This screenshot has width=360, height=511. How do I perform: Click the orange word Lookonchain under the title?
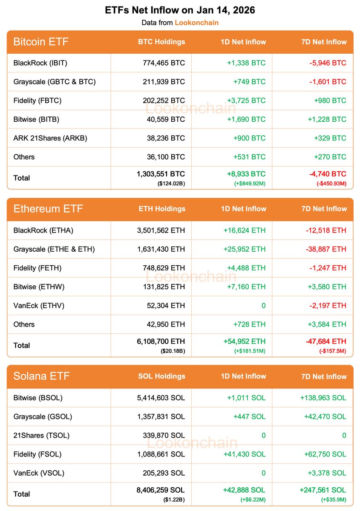196,23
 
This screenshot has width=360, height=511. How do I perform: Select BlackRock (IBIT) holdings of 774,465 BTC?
164,63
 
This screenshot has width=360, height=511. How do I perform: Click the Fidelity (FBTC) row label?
37,100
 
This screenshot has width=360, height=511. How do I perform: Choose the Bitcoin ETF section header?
41,42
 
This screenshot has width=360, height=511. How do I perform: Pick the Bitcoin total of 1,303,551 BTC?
161,174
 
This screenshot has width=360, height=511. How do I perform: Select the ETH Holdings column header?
162,209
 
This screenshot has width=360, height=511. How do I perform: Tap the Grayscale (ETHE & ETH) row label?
54,249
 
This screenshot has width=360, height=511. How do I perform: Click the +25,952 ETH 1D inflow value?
244,249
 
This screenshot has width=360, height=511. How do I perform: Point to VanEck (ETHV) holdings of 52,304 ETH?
164,305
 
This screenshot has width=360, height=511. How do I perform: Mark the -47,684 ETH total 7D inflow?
326,342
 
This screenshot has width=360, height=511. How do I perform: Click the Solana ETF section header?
41,376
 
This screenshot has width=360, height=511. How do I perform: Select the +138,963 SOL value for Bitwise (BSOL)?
323,398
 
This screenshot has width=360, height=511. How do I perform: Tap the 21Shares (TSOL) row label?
41,435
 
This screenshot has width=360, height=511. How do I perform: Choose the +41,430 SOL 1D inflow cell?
244,454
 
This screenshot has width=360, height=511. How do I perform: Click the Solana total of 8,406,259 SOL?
161,490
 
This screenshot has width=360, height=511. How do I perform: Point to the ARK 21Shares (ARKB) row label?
50,138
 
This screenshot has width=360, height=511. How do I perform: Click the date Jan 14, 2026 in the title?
226,10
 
